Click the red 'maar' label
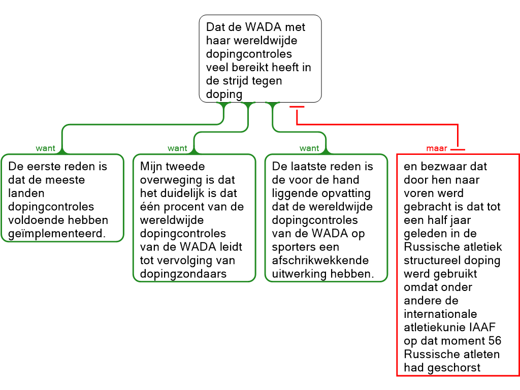tap(437, 149)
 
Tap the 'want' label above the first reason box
tap(46, 149)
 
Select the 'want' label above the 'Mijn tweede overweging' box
tap(177, 149)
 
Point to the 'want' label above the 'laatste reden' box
tap(309, 149)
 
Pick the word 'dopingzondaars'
tap(183, 274)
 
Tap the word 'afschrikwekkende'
tap(320, 261)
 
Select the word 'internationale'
tap(440, 314)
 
